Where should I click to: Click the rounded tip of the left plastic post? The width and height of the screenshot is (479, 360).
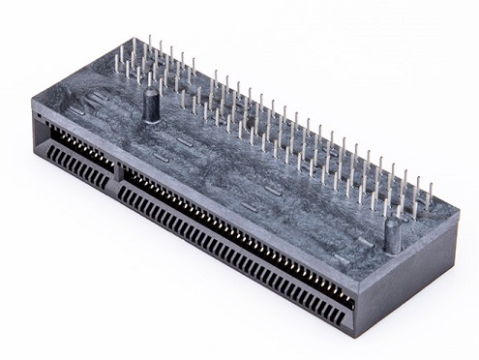151,94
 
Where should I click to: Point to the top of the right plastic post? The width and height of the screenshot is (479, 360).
392,224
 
